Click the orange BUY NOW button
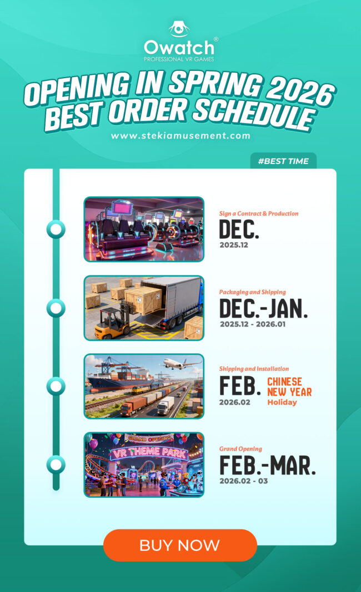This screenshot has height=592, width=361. point(180,545)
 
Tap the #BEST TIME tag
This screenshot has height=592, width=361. point(283,161)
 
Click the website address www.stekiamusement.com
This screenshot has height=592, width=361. point(180,135)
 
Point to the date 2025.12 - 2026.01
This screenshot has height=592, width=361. point(252,324)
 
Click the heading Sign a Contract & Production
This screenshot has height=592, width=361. point(258,213)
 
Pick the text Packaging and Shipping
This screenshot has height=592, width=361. point(252,292)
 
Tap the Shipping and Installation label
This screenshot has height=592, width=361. point(254,369)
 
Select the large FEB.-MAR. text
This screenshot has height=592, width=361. point(267,465)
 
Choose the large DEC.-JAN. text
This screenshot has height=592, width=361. point(263,308)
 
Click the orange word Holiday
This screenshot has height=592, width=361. point(282,402)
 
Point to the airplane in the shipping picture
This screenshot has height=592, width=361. point(181,364)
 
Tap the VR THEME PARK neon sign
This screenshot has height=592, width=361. point(143,452)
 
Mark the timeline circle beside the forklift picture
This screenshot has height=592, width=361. point(56,308)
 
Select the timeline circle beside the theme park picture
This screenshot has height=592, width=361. point(56,464)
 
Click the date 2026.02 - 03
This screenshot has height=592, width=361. point(243,481)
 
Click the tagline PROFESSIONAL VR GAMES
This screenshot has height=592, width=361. point(179,59)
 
